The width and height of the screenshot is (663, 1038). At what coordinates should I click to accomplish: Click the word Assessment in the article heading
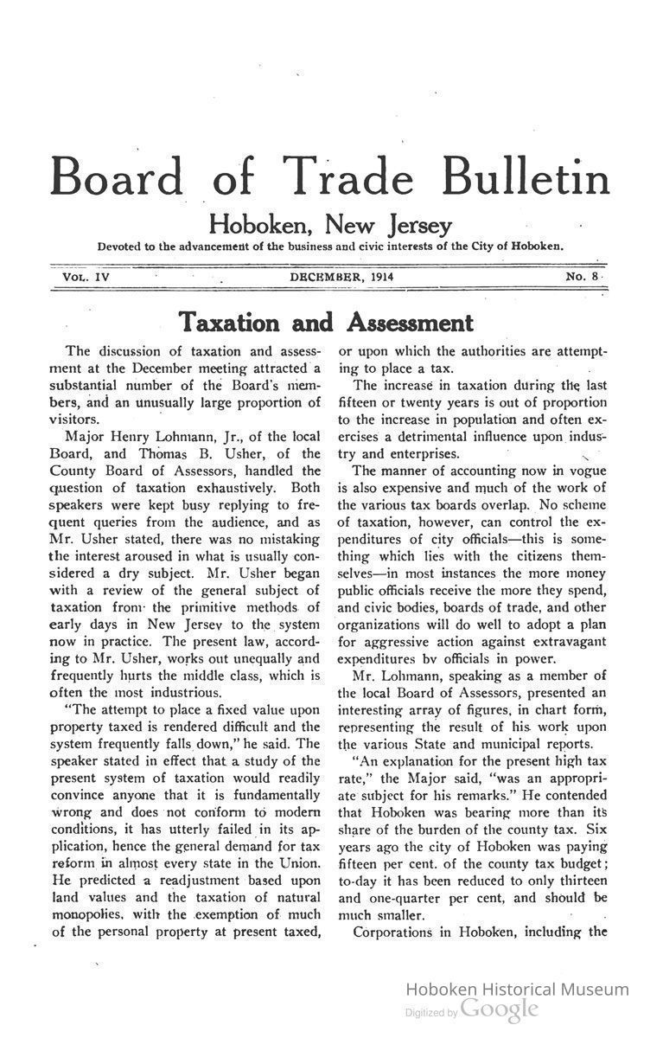[x=410, y=323]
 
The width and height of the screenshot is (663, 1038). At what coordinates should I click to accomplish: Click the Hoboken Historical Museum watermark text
[x=517, y=990]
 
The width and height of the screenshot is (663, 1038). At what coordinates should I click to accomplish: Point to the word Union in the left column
[x=300, y=863]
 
